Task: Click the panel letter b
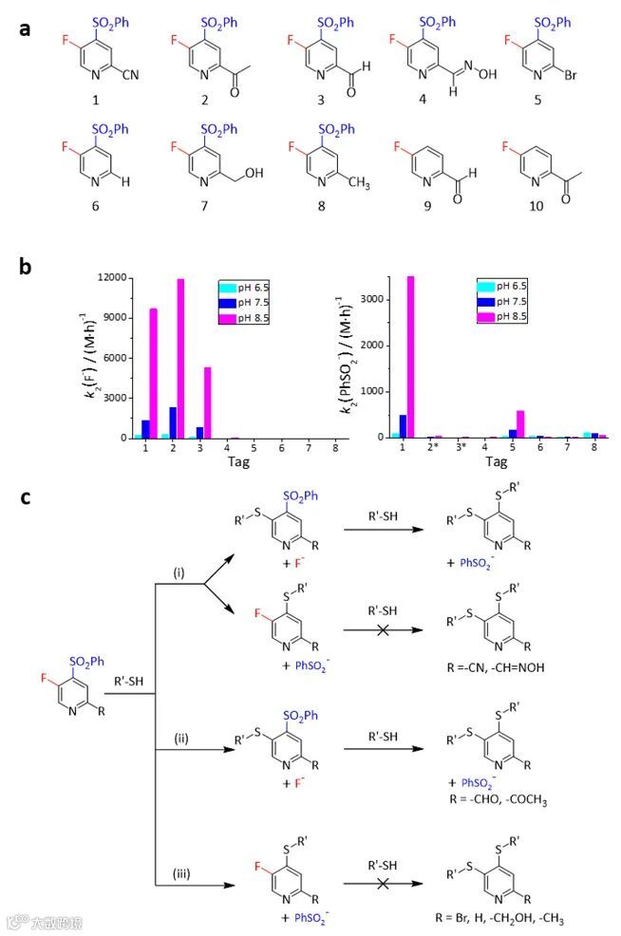(x=26, y=267)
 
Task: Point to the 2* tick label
(x=434, y=448)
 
